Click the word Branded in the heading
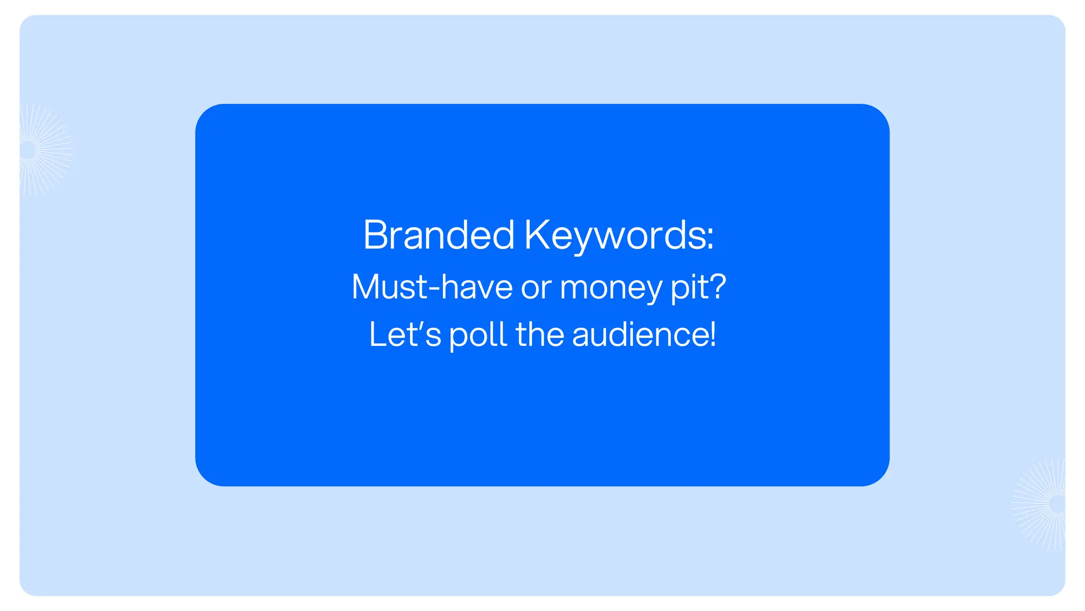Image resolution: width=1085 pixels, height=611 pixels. click(439, 235)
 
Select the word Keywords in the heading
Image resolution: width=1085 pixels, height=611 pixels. click(615, 235)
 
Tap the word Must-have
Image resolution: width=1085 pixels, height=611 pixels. click(432, 287)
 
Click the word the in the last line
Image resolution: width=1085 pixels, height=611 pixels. click(540, 335)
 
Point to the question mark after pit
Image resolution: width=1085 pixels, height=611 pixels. click(718, 287)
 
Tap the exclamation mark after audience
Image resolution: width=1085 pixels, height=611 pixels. click(713, 335)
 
